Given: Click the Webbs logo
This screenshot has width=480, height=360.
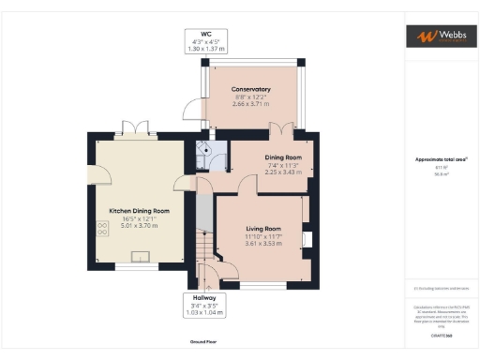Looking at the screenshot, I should click(x=440, y=36).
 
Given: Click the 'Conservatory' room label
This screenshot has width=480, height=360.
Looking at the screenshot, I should click(x=252, y=90).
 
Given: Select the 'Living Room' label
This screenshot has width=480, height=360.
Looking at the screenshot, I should click(x=263, y=229).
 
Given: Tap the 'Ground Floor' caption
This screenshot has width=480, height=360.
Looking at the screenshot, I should click(x=204, y=343).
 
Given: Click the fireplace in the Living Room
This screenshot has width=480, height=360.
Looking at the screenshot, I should click(x=306, y=239).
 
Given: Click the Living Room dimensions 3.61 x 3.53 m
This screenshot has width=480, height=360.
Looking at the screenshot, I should click(x=263, y=244).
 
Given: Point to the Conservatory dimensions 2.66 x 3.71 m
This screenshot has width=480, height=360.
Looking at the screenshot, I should click(x=252, y=105).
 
